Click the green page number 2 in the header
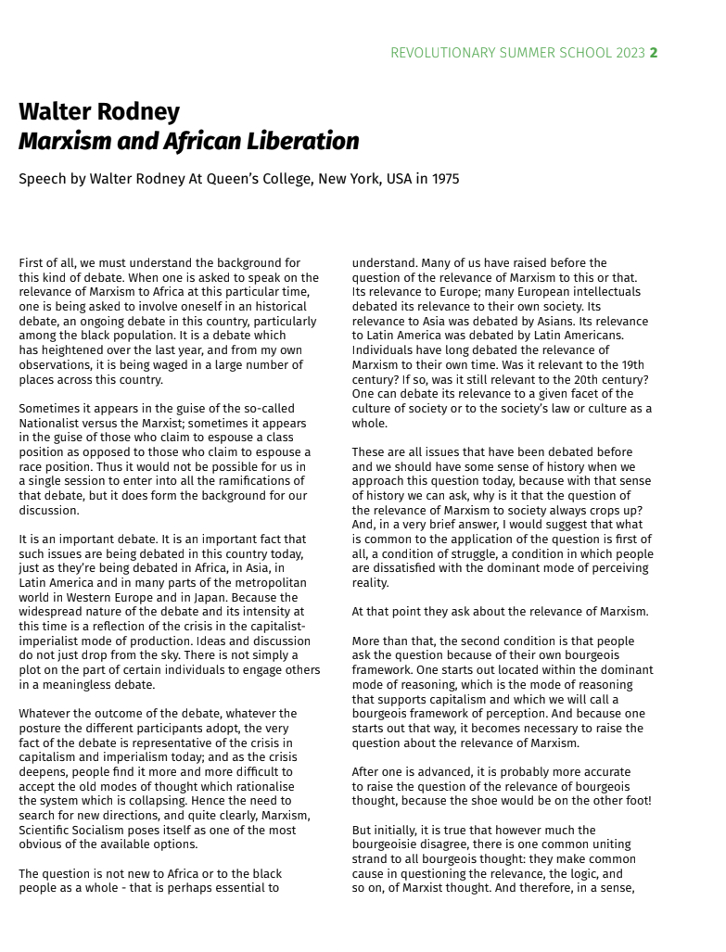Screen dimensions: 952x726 (654, 53)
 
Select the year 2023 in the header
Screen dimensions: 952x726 (629, 53)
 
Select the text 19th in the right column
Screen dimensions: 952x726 (629, 364)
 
